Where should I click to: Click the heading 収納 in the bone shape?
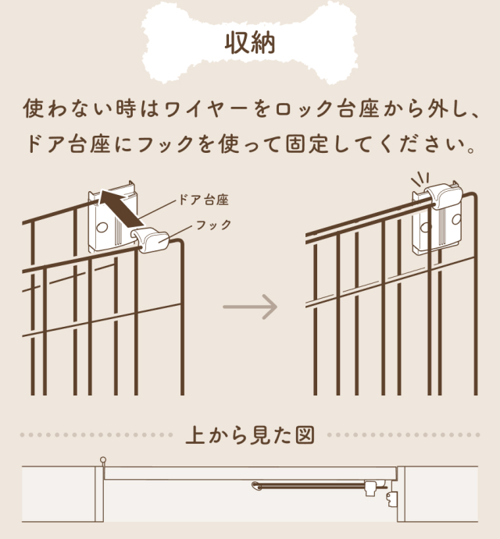(250, 44)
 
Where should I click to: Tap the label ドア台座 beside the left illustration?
(203, 200)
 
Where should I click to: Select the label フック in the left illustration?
(213, 225)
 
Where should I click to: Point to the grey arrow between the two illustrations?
(250, 307)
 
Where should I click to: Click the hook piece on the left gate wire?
(151, 239)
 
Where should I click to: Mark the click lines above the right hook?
(420, 179)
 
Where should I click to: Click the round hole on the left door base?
(102, 227)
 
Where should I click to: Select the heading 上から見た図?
(250, 435)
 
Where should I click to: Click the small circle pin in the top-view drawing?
(103, 459)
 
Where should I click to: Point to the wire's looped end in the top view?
(255, 485)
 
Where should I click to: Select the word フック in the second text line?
(166, 144)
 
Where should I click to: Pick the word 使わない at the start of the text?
(68, 108)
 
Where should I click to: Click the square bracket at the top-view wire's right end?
(370, 488)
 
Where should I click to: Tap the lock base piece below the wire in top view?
(392, 499)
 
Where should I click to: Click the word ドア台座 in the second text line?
(69, 144)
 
